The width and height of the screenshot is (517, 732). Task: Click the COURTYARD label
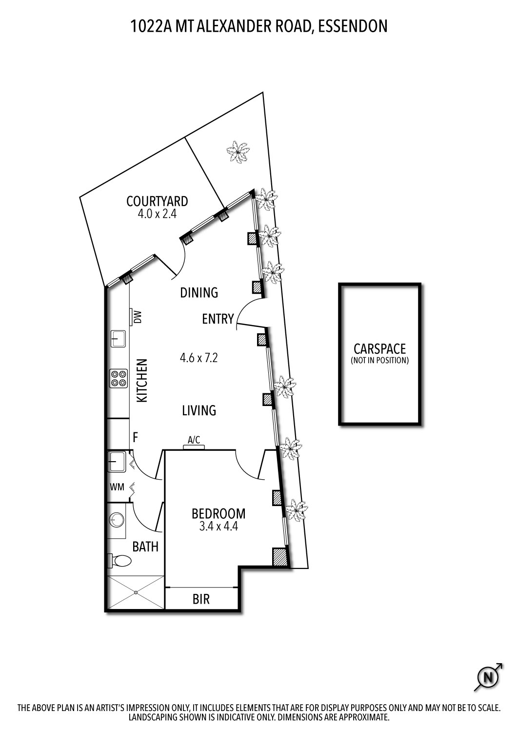click(x=157, y=201)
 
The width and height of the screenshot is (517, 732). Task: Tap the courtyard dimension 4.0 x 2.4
click(x=157, y=214)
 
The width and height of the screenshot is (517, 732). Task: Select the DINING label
click(x=199, y=293)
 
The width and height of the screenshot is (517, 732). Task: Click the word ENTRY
click(x=218, y=319)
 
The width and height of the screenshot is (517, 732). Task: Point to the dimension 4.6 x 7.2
click(x=199, y=358)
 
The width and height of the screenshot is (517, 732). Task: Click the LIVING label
click(x=199, y=410)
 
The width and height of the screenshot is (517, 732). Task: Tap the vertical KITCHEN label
click(x=142, y=381)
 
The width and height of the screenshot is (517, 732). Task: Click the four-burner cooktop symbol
click(x=118, y=378)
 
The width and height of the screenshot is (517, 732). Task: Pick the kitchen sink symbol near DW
click(x=118, y=338)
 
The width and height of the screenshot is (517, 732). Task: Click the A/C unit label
click(x=194, y=440)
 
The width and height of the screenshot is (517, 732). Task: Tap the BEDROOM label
click(x=218, y=513)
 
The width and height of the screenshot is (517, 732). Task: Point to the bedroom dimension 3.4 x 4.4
click(x=218, y=527)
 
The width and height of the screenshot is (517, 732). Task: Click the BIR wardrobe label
click(x=201, y=599)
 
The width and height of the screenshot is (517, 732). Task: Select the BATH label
click(x=145, y=547)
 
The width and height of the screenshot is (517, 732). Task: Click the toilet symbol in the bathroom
click(x=119, y=561)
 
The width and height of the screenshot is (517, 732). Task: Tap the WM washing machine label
click(x=116, y=487)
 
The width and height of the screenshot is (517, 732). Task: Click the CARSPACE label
click(x=379, y=349)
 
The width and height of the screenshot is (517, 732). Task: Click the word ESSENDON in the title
click(x=352, y=26)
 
